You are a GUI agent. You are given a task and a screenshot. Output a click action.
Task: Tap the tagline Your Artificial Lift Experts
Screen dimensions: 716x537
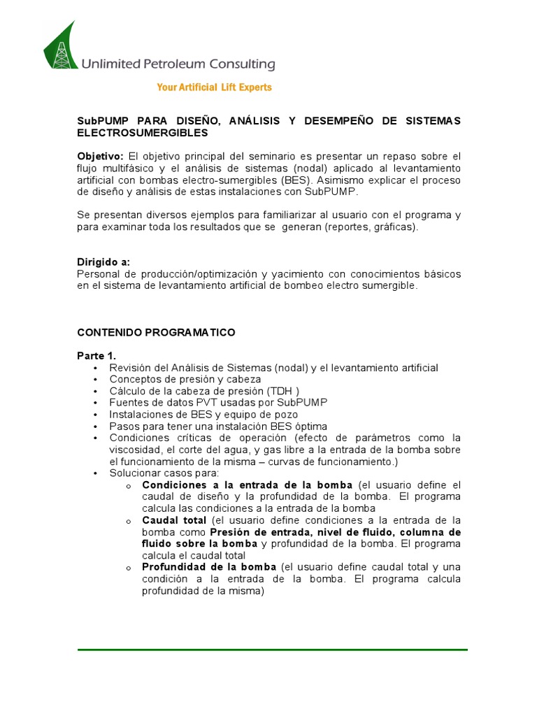pos(214,87)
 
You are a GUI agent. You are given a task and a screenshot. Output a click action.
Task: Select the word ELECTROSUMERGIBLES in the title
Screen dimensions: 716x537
pos(142,132)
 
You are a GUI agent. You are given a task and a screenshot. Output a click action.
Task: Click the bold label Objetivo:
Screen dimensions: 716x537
pos(100,155)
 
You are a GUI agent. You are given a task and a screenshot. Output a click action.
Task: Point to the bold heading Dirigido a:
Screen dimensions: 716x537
pos(103,262)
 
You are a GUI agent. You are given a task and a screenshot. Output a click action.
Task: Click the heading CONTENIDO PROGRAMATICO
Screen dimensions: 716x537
pos(156,332)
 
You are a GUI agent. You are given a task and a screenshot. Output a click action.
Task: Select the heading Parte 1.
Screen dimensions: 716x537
pos(96,356)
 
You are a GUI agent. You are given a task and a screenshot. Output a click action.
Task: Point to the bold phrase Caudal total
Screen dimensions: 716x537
pos(174,521)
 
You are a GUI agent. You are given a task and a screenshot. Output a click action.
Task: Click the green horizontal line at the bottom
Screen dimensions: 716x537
pos(272,650)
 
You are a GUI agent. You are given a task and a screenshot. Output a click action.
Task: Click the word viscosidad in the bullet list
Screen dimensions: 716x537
pos(135,450)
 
